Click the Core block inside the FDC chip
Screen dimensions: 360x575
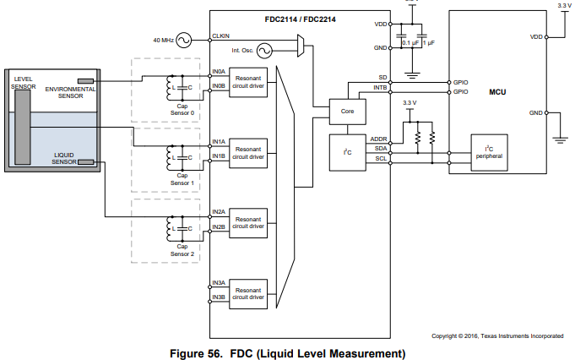(x=346, y=111)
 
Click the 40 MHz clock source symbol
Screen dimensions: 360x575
(x=181, y=40)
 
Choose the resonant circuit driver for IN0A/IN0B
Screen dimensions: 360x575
(x=248, y=81)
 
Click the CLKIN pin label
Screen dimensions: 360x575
(x=221, y=35)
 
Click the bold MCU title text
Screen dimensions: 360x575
(x=497, y=90)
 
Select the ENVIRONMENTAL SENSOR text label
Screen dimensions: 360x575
(x=70, y=92)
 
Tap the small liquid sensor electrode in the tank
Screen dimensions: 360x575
(x=85, y=162)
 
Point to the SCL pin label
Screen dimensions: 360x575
(x=381, y=159)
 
